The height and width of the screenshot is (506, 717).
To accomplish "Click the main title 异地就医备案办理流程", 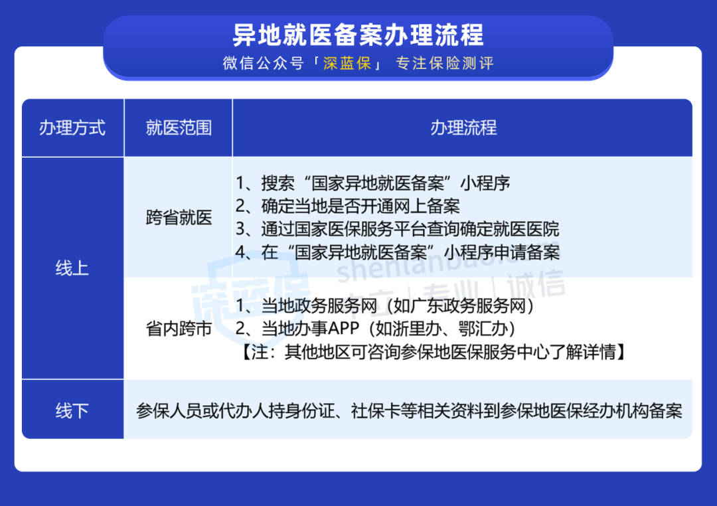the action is click(x=358, y=35).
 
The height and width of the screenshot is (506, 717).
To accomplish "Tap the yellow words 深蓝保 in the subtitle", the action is click(x=347, y=63).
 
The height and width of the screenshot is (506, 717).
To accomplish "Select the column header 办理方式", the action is click(x=72, y=127).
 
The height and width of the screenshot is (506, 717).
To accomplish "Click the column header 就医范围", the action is click(x=179, y=127).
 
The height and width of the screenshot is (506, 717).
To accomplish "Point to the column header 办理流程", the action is click(x=463, y=127).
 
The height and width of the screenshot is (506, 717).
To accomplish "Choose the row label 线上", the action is click(x=72, y=268).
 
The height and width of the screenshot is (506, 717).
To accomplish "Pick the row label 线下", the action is click(x=72, y=411).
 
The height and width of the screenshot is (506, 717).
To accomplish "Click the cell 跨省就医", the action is click(x=179, y=217).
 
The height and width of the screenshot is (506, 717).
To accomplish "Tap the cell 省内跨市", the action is click(x=179, y=329).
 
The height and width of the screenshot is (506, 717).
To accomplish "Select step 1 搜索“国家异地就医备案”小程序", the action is click(x=373, y=183).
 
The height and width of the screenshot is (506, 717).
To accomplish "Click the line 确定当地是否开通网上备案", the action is click(x=348, y=206).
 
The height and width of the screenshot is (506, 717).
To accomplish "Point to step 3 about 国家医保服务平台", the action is click(x=398, y=228).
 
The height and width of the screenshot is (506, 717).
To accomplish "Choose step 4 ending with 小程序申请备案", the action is click(x=398, y=252).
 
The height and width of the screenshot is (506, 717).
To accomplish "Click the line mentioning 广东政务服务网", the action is click(x=386, y=305).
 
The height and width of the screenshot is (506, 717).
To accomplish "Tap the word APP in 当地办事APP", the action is click(x=343, y=329).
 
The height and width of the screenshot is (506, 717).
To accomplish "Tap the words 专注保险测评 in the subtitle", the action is click(x=445, y=63).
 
